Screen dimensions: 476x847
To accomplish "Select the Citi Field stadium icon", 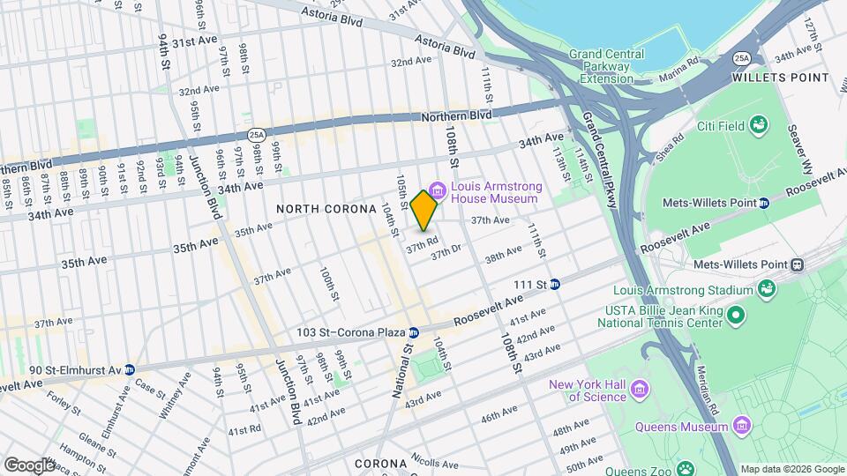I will [x=759, y=126].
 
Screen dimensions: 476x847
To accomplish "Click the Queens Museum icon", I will [x=741, y=427].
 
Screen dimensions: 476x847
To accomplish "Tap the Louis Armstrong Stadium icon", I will [x=765, y=289].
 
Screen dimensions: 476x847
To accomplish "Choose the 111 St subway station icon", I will [x=555, y=284].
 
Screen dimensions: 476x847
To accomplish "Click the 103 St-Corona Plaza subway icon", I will [x=413, y=332].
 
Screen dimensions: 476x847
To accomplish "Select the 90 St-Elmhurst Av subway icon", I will [x=130, y=369].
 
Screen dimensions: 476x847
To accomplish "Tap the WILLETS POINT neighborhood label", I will [x=782, y=78].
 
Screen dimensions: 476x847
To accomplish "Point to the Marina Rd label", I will [x=680, y=69].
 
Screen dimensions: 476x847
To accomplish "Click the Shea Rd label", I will [x=670, y=147].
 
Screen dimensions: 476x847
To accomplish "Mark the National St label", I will [x=400, y=369].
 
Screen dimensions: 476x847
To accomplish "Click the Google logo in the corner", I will [x=28, y=465].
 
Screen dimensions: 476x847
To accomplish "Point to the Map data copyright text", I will [x=791, y=469].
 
